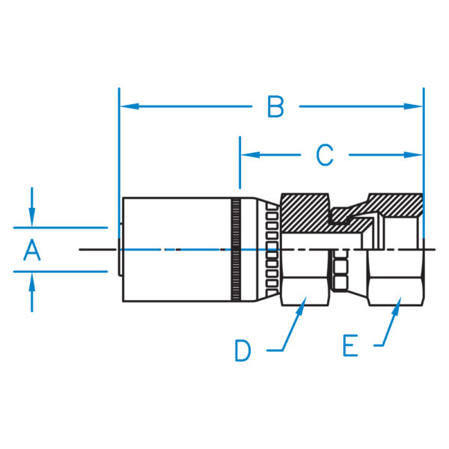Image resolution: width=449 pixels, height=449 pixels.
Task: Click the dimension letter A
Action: (x=31, y=250)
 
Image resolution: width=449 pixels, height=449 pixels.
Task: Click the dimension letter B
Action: (x=275, y=106)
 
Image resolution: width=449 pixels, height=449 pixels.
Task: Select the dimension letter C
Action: (x=325, y=155)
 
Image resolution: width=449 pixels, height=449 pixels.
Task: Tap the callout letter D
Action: (x=242, y=350)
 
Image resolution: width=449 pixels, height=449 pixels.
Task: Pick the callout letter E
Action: (x=350, y=345)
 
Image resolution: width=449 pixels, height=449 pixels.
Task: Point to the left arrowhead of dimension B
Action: (x=129, y=106)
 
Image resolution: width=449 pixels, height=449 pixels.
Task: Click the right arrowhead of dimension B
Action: (x=414, y=106)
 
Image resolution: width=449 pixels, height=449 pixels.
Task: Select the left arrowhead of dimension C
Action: (x=251, y=155)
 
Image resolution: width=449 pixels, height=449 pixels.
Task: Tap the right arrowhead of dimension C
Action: (x=414, y=155)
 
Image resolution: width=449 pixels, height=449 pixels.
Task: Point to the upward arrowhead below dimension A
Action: (x=31, y=281)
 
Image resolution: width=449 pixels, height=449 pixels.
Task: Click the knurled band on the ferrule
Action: (x=236, y=249)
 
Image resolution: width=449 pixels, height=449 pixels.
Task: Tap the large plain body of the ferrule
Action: (x=177, y=249)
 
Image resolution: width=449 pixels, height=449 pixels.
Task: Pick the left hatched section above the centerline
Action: (x=305, y=213)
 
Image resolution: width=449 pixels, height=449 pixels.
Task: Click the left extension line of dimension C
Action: (x=240, y=162)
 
